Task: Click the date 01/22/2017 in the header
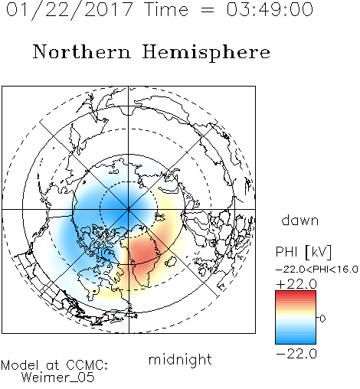coord(70,10)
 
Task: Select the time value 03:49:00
coord(270,9)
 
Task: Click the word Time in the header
coord(166,9)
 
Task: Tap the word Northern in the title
coord(82,52)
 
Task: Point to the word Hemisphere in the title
coord(206,53)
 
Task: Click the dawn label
coord(300,221)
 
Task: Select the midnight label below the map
coord(180,360)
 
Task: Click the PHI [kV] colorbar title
coord(303,252)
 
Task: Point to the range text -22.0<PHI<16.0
coord(317,270)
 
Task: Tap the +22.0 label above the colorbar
coord(296,284)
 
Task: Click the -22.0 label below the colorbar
coord(296,354)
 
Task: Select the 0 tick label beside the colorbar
coord(322,319)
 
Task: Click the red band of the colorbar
coord(296,296)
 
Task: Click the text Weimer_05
coord(58,378)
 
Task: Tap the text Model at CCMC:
coord(54,365)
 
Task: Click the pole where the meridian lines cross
coord(129,210)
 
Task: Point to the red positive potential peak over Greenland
coord(142,253)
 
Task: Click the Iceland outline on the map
coord(171,262)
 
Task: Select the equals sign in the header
coord(208,10)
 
